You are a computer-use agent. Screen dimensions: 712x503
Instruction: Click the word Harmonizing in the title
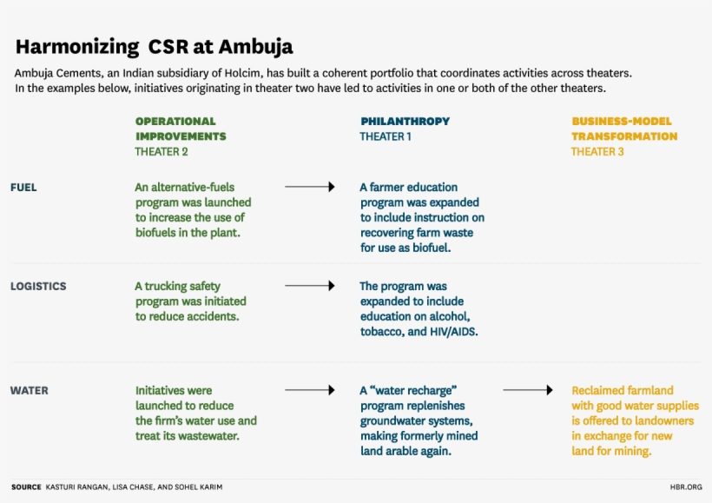click(x=77, y=47)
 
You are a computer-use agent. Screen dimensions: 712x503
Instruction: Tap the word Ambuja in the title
click(x=255, y=47)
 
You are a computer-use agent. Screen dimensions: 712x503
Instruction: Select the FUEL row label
click(x=23, y=187)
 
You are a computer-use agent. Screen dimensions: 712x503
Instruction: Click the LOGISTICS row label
click(x=38, y=287)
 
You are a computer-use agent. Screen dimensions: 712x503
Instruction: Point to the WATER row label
click(x=29, y=391)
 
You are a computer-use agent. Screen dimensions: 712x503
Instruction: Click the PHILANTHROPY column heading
click(x=405, y=122)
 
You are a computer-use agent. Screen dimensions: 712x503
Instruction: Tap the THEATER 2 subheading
click(x=162, y=152)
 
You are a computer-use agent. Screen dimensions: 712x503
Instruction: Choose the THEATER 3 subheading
click(x=597, y=152)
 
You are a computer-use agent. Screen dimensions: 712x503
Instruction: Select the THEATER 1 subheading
click(x=385, y=136)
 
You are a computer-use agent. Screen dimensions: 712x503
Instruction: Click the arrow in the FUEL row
click(x=310, y=187)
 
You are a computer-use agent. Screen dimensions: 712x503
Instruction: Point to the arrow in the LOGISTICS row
click(x=310, y=286)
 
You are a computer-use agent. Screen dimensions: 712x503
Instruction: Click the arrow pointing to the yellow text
click(x=528, y=390)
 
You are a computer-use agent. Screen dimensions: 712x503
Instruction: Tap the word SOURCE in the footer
click(x=26, y=487)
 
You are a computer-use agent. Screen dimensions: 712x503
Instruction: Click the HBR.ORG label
click(x=686, y=487)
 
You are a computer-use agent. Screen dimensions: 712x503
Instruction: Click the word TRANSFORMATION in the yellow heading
click(x=624, y=136)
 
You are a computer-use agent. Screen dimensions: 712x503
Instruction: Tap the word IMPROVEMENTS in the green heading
click(x=181, y=136)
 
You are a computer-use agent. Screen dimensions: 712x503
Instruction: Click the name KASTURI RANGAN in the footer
click(x=76, y=487)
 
